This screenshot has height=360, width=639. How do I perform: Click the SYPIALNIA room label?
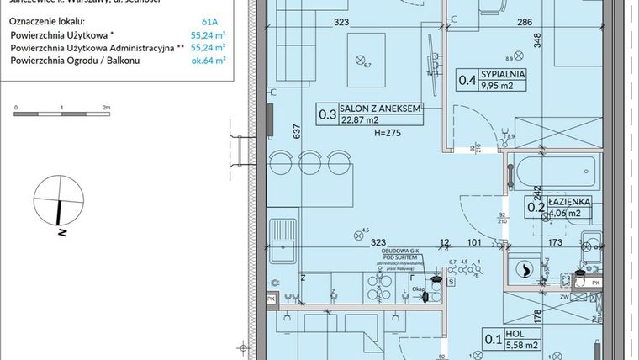coord(504,73)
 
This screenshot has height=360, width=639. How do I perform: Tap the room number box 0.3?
coord(327,114)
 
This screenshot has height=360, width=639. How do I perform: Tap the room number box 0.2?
coord(534,207)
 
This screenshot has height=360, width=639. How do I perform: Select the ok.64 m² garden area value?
coord(220,61)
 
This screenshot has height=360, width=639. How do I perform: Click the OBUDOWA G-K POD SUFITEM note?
coord(400,255)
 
